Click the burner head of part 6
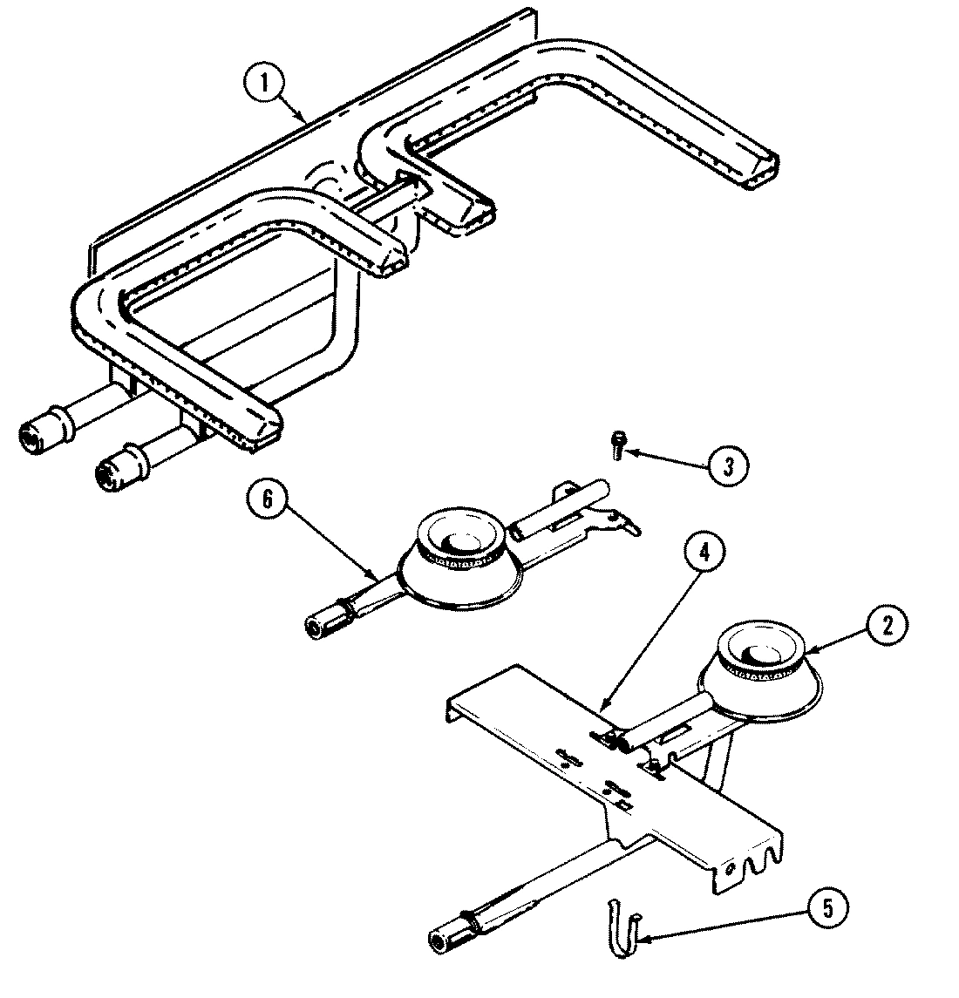tap(460, 546)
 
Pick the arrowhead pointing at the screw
tap(633, 453)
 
